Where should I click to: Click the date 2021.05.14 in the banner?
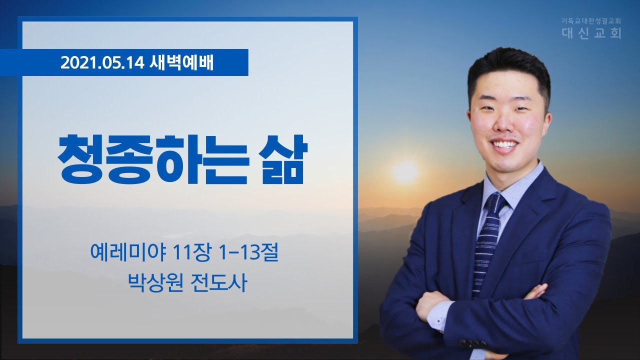pyautogui.click(x=102, y=62)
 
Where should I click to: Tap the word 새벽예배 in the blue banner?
pyautogui.click(x=181, y=62)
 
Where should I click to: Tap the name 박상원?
pyautogui.click(x=155, y=283)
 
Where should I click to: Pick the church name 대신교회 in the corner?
pyautogui.click(x=591, y=33)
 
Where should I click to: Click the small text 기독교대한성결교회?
pyautogui.click(x=591, y=21)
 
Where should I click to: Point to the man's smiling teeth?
pyautogui.click(x=504, y=143)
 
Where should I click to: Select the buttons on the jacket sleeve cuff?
pyautogui.click(x=472, y=343)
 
